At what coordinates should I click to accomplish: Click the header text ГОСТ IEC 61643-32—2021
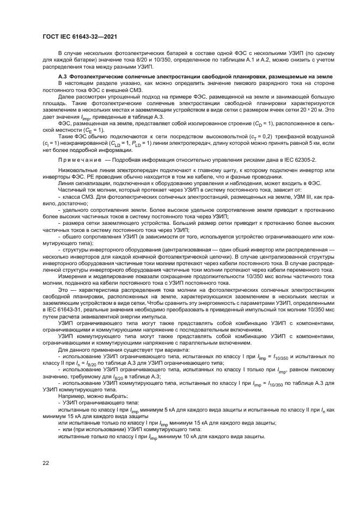(x=81, y=37)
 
